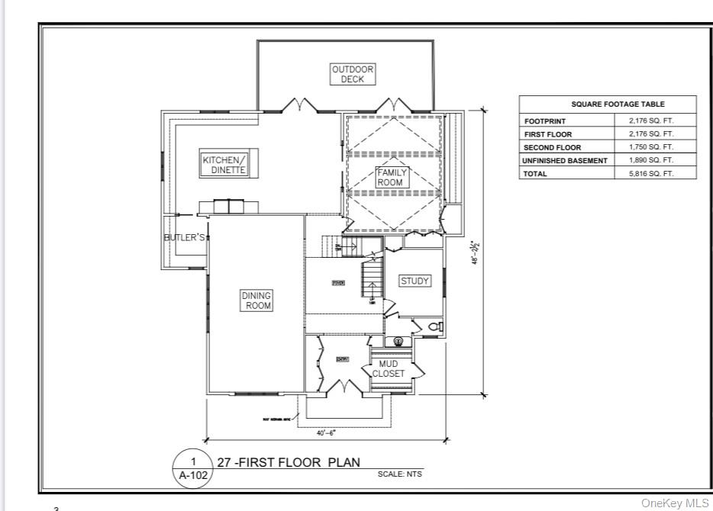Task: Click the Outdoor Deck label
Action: (x=353, y=74)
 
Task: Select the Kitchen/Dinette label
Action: (x=224, y=165)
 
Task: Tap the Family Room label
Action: (x=392, y=177)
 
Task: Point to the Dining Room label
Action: (x=256, y=300)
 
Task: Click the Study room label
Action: (x=415, y=281)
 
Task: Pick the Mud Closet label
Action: (x=389, y=369)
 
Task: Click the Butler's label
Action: (x=185, y=238)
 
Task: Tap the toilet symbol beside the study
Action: (x=435, y=326)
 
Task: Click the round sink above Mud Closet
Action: (x=398, y=342)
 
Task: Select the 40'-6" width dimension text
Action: (x=327, y=433)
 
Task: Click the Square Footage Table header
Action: (x=608, y=104)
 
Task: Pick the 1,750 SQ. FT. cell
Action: (x=651, y=147)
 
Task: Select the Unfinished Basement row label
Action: (x=565, y=161)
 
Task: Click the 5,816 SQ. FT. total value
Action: (x=651, y=174)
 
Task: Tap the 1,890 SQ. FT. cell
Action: (x=651, y=161)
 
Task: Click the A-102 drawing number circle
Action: (x=193, y=468)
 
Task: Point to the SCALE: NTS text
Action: (x=399, y=474)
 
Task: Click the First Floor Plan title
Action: (x=289, y=462)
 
